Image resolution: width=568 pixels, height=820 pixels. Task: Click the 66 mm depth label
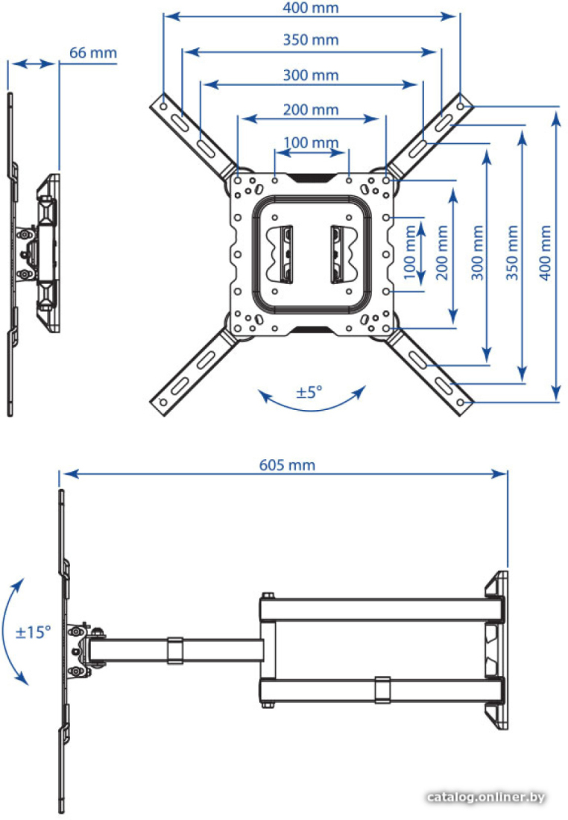[x=93, y=53]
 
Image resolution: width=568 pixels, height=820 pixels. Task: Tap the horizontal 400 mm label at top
[x=311, y=8]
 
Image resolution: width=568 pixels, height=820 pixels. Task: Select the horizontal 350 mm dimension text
[x=311, y=40]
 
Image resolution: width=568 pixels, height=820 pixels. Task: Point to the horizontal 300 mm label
[x=311, y=75]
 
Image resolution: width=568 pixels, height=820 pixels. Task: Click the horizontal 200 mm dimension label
[x=311, y=110]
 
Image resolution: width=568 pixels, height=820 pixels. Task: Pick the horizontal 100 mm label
[x=311, y=142]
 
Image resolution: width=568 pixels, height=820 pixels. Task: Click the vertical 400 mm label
[x=545, y=253]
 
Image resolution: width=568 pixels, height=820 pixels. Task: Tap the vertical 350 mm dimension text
[x=512, y=253]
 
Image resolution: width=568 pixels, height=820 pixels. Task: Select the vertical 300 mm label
[x=478, y=253]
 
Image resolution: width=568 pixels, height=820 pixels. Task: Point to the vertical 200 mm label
[x=443, y=253]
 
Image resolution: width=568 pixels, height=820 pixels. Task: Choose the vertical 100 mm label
[x=410, y=253]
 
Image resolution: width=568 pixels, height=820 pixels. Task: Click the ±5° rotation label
[x=309, y=392]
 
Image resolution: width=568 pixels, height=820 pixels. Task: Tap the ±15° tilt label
[x=34, y=632]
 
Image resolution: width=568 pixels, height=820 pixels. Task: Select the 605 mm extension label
[x=287, y=465]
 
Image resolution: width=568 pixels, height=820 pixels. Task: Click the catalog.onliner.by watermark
[x=486, y=798]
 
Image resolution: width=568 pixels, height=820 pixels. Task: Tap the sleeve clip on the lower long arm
[x=382, y=690]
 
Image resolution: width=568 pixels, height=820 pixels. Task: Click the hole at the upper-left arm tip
[x=164, y=106]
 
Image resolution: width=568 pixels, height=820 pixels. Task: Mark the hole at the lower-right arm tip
[x=460, y=403]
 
